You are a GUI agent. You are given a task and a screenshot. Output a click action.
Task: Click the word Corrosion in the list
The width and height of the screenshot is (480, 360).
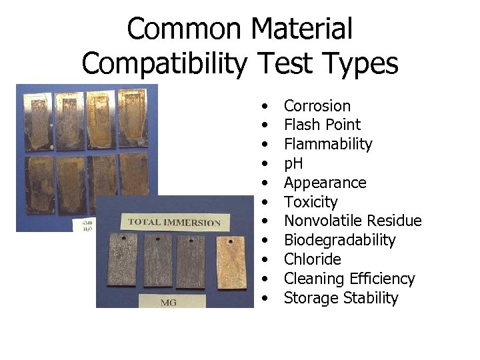(317, 106)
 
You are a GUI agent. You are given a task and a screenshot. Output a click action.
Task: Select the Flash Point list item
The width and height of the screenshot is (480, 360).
(322, 125)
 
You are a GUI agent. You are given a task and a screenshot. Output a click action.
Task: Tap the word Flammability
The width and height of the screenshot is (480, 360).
(328, 144)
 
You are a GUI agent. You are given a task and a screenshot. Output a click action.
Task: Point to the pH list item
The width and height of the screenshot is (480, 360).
(293, 163)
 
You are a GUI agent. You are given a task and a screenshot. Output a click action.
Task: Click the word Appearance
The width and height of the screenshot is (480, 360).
(325, 183)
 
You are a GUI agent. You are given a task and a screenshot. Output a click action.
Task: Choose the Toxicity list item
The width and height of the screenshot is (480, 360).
(311, 202)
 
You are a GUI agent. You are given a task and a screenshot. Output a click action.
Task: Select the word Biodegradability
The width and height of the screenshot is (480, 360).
(339, 240)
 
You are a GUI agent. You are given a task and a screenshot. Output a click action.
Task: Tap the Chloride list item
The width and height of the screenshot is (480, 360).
(312, 259)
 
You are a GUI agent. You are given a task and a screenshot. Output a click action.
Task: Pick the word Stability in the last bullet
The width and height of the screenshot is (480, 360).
(370, 298)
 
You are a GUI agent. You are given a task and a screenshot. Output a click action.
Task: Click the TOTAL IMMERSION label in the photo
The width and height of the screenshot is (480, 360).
(174, 222)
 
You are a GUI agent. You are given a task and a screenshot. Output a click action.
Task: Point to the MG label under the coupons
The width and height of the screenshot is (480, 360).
(169, 302)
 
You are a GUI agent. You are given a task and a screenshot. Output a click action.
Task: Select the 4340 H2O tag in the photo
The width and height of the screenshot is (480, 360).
(86, 225)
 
